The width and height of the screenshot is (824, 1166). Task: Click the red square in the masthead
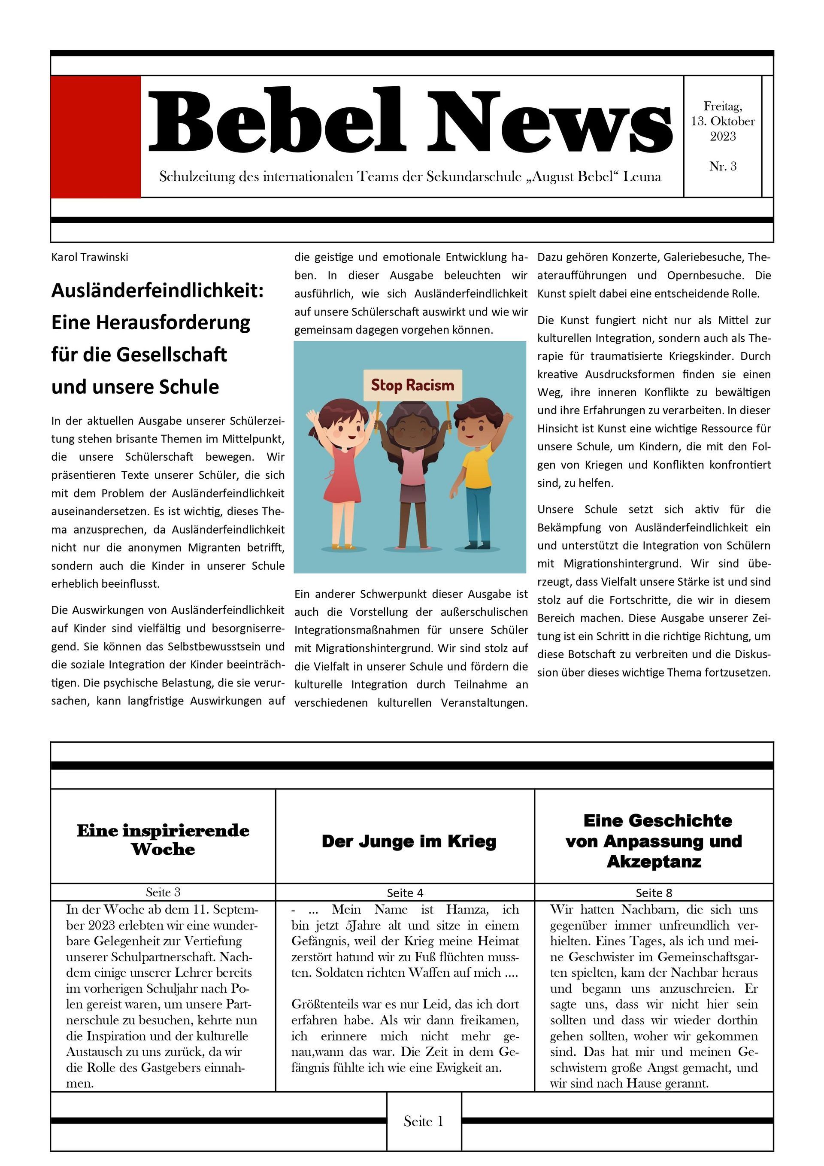[x=95, y=136]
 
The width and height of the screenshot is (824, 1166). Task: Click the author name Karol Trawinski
[x=90, y=257]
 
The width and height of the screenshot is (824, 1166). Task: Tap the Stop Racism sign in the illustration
[x=412, y=385]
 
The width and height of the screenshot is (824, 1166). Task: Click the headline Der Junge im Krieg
[x=409, y=841]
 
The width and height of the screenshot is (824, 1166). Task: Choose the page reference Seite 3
[x=163, y=892]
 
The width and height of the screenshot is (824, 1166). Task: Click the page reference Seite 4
[x=405, y=893]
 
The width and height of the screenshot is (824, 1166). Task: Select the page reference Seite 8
[x=654, y=893]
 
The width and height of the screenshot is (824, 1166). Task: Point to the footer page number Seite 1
[x=424, y=1121]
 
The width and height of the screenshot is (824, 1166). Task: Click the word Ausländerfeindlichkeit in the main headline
[x=158, y=291]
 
